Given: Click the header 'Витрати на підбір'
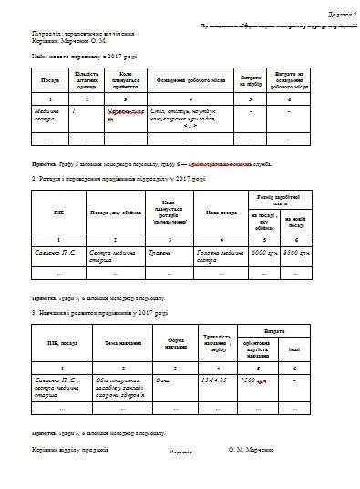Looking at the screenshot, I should pos(250,80).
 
